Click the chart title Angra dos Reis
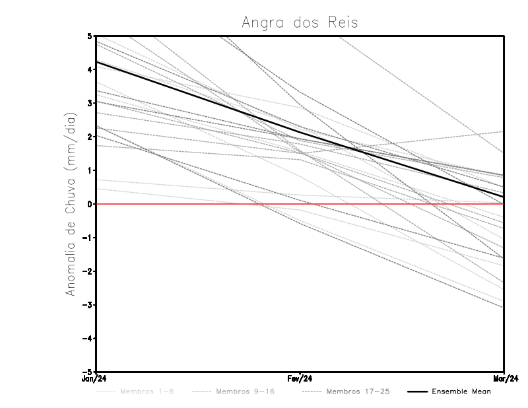point(300,22)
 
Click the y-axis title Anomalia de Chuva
point(71,203)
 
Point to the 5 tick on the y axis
point(90,36)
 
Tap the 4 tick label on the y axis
point(90,69)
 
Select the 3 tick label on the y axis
point(90,103)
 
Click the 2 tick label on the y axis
point(90,137)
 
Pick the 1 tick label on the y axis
point(90,170)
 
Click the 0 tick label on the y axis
point(90,204)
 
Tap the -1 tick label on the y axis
point(88,238)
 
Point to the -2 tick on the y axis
point(88,271)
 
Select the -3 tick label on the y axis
point(88,305)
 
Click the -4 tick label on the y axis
point(88,339)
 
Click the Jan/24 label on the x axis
point(94,379)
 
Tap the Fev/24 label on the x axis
point(300,379)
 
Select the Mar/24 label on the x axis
point(504,379)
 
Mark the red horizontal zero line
point(198,204)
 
